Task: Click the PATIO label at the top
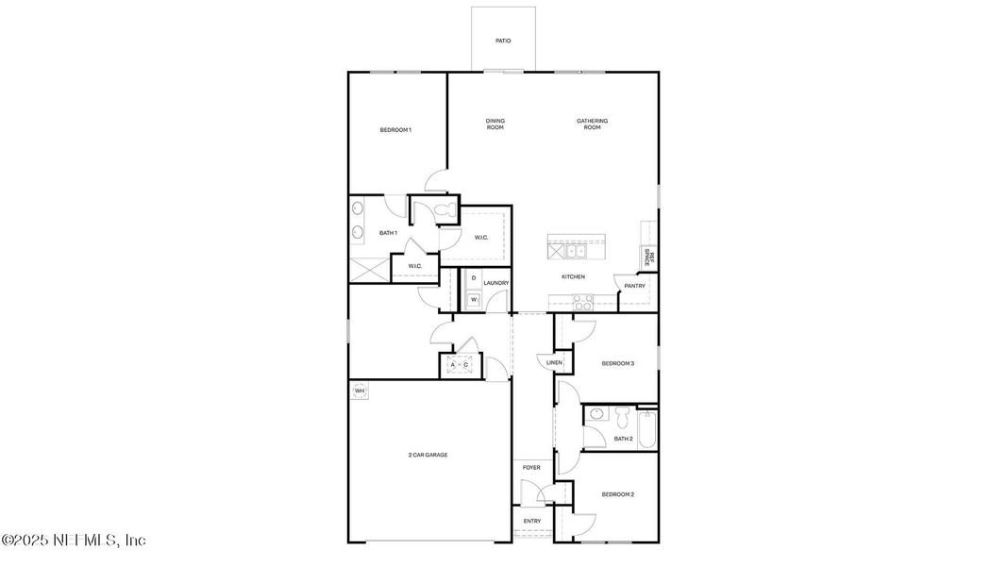tap(503, 41)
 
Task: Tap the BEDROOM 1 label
tap(395, 129)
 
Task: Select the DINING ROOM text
tap(495, 124)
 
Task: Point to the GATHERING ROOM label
tap(592, 124)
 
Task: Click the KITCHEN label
tap(573, 276)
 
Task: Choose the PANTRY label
tap(634, 286)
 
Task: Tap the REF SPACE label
tap(647, 257)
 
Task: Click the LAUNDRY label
tap(495, 283)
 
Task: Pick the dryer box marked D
tap(474, 278)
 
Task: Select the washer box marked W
tap(474, 300)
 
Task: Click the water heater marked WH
tap(360, 390)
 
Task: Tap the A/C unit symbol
tap(460, 364)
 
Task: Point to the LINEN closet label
tap(554, 362)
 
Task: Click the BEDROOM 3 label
tap(617, 363)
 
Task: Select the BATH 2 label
tap(623, 438)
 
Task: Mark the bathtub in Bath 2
tap(647, 427)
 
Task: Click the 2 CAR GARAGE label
tap(428, 455)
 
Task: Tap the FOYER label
tap(532, 467)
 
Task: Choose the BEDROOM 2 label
tap(617, 494)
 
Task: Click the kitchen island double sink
tap(576, 251)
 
